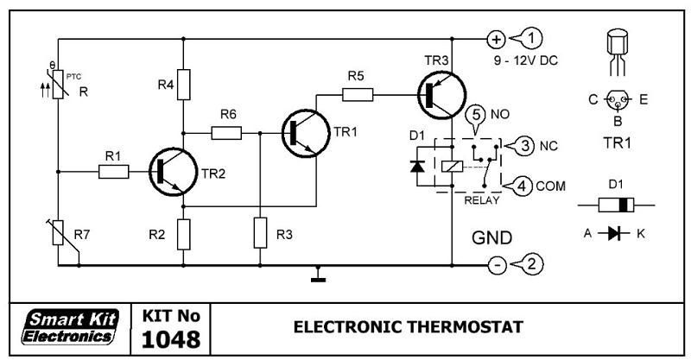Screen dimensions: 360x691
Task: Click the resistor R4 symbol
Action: point(182,84)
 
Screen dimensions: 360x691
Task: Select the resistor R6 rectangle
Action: point(228,133)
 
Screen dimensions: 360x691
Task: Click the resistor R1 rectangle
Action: point(114,172)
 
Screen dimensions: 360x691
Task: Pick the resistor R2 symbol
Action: point(182,233)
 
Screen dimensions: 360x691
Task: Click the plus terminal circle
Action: point(497,39)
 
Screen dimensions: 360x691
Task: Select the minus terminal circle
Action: point(497,265)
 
